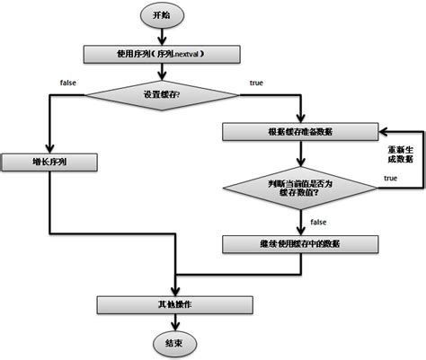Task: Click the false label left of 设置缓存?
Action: coord(67,83)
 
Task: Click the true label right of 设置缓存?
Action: coord(255,83)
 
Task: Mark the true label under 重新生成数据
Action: coord(390,179)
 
